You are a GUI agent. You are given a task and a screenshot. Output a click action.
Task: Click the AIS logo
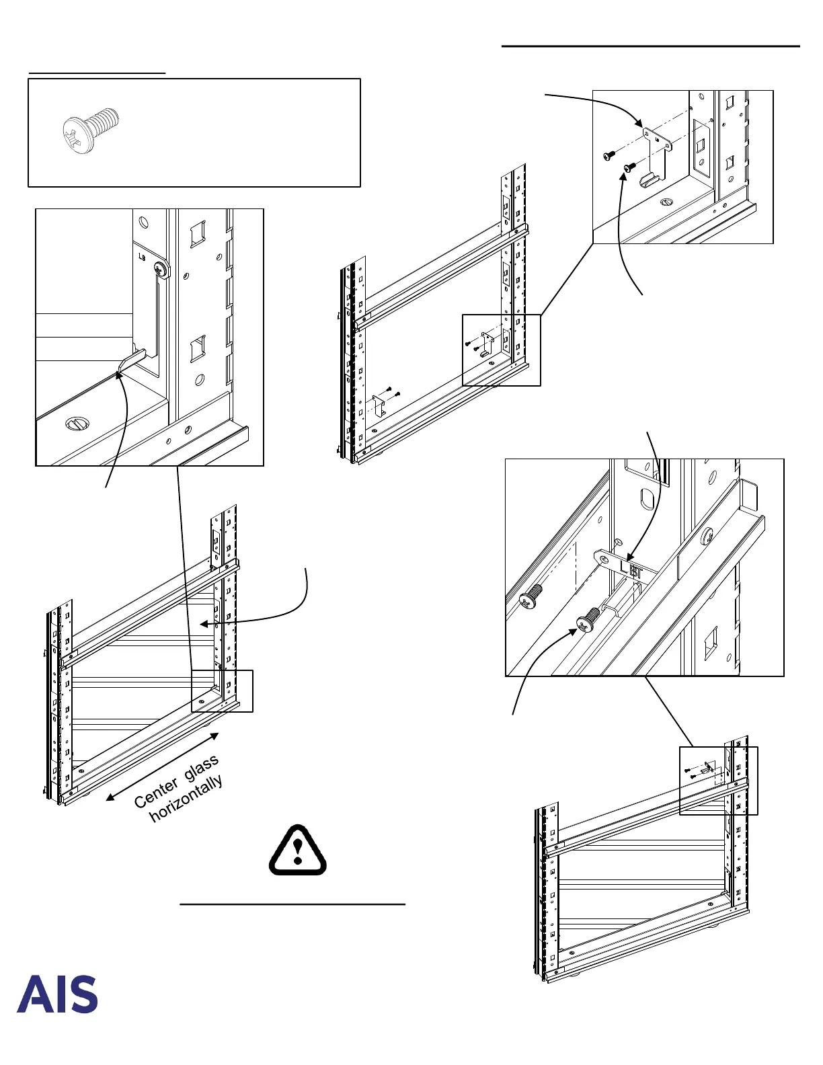coord(57,994)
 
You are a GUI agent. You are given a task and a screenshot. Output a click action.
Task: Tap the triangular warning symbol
coord(298,851)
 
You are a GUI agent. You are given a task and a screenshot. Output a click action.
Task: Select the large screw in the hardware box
coord(90,130)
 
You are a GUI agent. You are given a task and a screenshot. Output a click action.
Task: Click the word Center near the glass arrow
coord(157,793)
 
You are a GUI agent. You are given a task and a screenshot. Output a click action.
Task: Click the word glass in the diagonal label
coord(201,768)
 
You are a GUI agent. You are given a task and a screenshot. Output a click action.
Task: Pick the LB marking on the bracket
coord(142,257)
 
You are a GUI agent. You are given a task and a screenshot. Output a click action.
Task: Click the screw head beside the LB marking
coord(161,269)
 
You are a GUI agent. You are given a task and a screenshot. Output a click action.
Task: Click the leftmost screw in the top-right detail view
coord(609,155)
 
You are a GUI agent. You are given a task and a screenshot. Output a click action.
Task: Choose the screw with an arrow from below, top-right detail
coord(629,167)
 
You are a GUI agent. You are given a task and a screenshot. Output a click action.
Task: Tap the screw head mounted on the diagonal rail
coord(707,537)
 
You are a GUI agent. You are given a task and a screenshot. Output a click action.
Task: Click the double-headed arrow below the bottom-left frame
coord(162,766)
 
